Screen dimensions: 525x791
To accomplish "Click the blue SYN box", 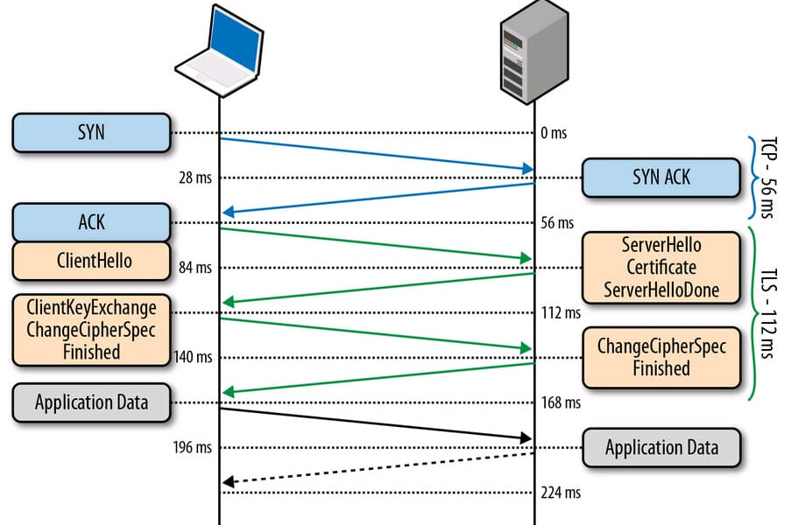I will click(91, 133).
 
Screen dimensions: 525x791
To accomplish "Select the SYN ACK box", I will click(660, 178).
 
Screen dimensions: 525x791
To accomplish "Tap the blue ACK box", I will click(91, 222).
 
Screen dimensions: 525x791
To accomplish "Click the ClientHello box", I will click(91, 261).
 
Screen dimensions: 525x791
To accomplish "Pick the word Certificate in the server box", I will click(660, 267).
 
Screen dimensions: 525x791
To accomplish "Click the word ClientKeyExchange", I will click(91, 308).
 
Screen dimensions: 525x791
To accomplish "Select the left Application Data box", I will click(91, 402).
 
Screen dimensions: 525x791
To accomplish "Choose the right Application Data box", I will click(660, 448).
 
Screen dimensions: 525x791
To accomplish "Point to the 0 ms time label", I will click(553, 133).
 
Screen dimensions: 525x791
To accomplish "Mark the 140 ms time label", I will click(193, 357).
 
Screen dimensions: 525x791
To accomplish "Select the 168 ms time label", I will click(561, 403).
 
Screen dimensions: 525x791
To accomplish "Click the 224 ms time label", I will click(561, 493).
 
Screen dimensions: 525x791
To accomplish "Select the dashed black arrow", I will click(377, 468).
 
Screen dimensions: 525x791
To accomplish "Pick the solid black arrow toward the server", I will click(377, 423).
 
